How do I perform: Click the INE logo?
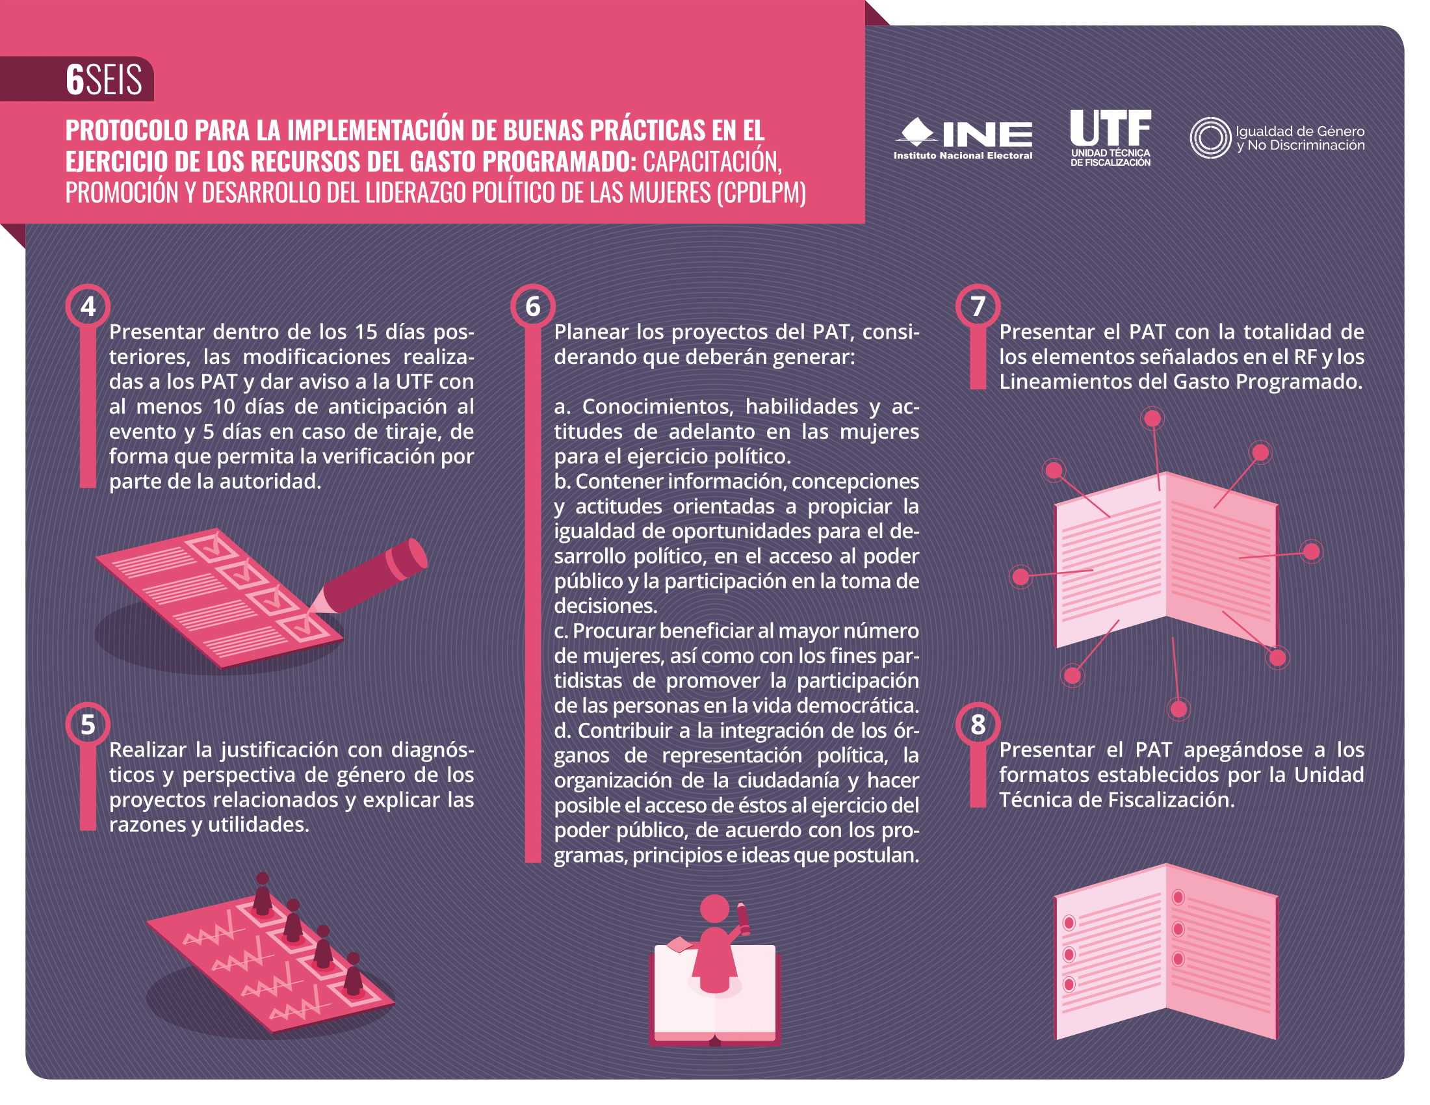tap(963, 138)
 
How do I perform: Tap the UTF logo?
tap(1110, 137)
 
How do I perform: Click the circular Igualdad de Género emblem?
tap(1210, 137)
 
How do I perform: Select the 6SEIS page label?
tap(103, 79)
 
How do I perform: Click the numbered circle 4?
tap(88, 306)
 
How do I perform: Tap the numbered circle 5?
tap(88, 725)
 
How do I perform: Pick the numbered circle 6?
tap(533, 306)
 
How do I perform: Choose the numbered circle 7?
tap(978, 306)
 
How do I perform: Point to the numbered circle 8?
tap(978, 725)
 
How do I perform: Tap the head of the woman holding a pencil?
tap(714, 909)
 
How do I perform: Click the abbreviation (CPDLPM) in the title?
tap(761, 192)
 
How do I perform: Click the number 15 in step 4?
tap(365, 332)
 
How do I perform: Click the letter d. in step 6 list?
tap(562, 730)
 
